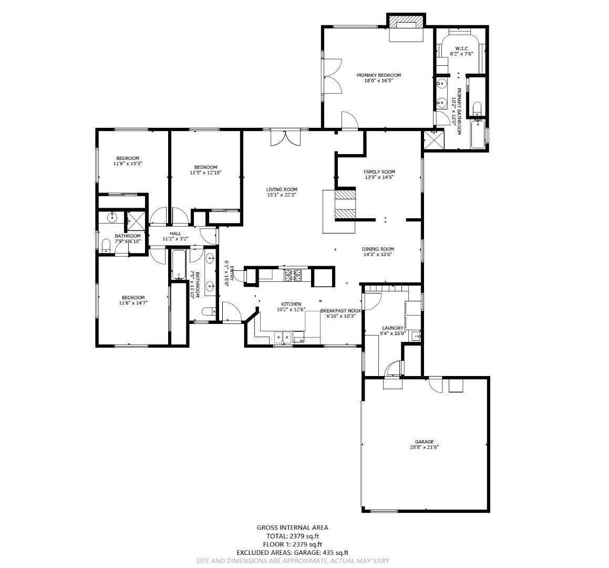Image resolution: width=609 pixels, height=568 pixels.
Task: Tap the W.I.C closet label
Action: click(461, 48)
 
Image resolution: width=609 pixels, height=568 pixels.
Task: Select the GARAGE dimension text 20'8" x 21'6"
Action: click(424, 448)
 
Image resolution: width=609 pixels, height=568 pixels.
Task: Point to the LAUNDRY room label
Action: click(392, 328)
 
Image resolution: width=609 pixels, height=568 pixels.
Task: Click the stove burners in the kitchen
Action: click(293, 273)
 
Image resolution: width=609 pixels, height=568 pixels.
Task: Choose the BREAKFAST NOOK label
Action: click(340, 310)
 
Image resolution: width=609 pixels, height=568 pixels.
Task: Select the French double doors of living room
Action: click(286, 137)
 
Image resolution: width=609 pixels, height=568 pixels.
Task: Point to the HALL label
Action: click(175, 233)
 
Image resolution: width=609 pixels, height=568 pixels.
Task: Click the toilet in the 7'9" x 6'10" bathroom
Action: click(106, 246)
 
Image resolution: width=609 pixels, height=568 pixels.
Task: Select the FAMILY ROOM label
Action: click(379, 171)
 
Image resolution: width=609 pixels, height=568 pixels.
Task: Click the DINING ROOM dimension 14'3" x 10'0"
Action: click(377, 255)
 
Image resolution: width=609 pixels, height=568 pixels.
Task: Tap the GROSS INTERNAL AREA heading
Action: click(292, 528)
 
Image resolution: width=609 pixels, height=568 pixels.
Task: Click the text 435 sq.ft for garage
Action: click(335, 553)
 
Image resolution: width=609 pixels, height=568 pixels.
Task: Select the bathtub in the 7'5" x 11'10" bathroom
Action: click(177, 265)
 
